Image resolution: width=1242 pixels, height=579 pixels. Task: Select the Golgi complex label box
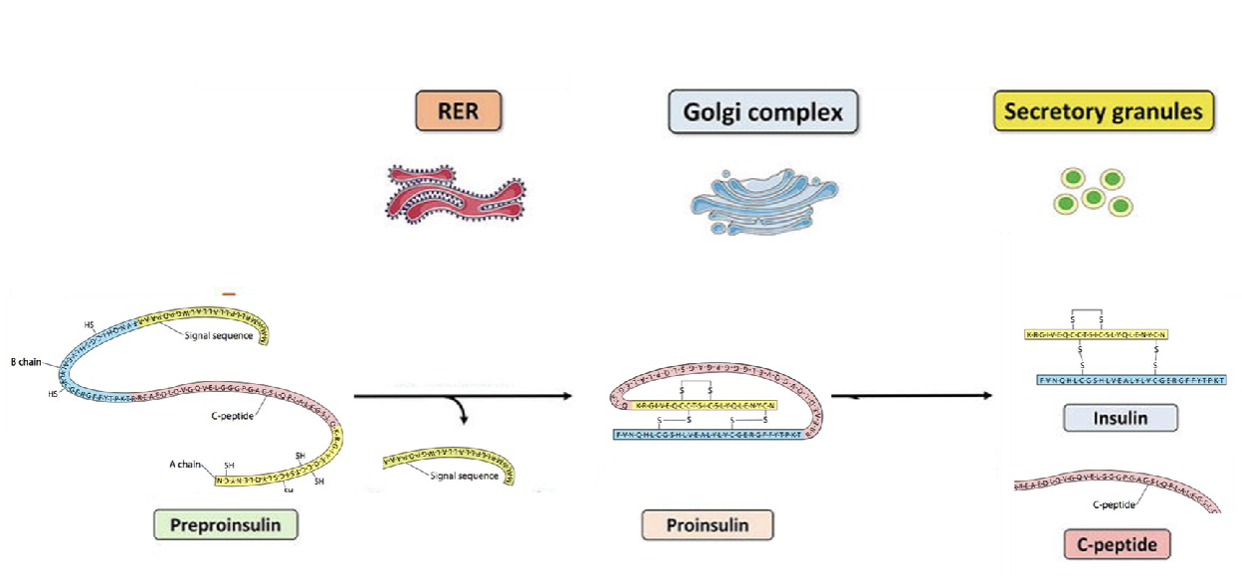tap(763, 112)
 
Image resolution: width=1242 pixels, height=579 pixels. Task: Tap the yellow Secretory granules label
tap(1103, 111)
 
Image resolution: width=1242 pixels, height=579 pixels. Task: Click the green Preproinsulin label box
tap(226, 523)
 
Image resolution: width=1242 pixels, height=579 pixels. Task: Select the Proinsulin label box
tap(708, 524)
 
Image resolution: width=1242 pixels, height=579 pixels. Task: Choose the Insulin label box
tap(1120, 418)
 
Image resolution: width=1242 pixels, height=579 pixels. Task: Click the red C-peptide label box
tap(1116, 544)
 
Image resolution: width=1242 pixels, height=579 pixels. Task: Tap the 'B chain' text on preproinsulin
tap(26, 362)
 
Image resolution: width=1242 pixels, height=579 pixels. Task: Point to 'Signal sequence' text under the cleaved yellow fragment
tap(465, 477)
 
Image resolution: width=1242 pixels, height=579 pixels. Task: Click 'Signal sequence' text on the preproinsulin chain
tap(218, 335)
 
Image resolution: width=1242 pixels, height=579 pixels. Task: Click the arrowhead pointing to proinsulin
tap(568, 396)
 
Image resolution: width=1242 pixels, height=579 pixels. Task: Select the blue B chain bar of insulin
tap(1132, 380)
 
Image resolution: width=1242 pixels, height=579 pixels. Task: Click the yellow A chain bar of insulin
tap(1095, 334)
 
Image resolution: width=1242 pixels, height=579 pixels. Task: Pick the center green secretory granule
tap(1093, 197)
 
